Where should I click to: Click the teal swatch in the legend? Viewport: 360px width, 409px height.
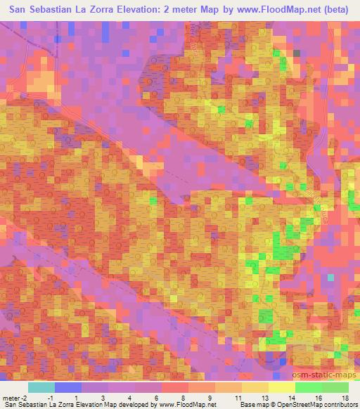[x=41, y=388]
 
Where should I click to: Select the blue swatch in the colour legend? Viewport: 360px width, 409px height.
[x=67, y=388]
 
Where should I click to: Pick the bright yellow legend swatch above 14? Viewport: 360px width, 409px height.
[x=281, y=388]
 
